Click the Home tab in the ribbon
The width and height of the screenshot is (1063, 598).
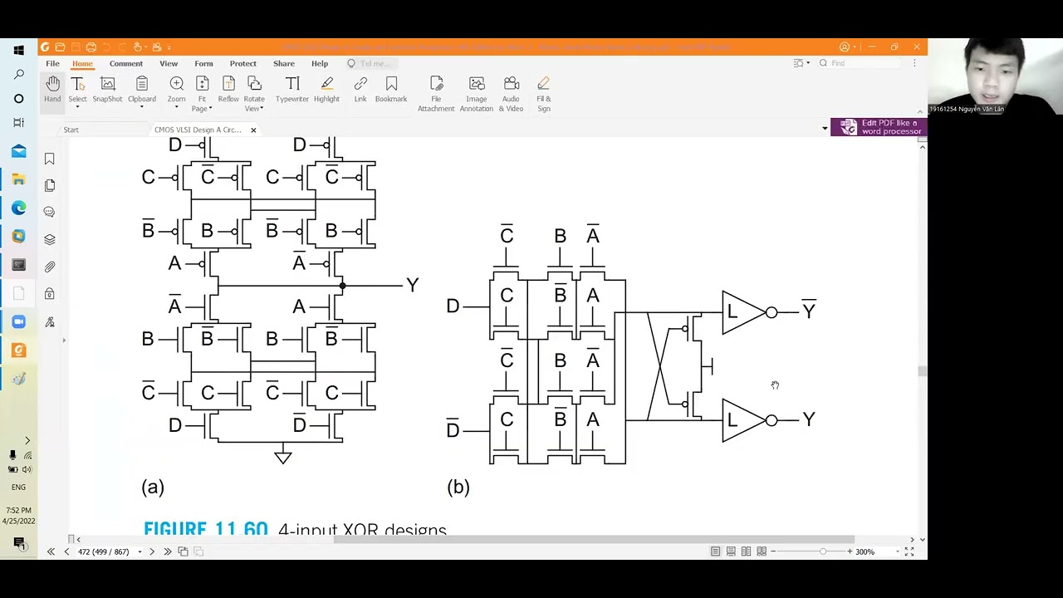tap(82, 63)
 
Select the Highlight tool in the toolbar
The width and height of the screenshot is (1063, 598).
tap(326, 89)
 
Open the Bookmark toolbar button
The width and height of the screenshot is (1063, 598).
tap(391, 89)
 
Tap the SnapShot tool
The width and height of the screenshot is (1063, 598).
tap(107, 89)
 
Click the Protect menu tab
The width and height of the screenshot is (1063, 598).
tap(242, 63)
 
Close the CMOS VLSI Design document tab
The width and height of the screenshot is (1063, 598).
tap(253, 130)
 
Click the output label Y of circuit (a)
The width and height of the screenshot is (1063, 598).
tap(412, 285)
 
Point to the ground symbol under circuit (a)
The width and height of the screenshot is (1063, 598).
tap(282, 456)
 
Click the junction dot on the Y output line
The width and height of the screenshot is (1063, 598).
tap(342, 286)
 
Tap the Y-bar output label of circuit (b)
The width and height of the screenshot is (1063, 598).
tap(808, 311)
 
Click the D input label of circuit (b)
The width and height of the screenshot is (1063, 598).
tap(453, 306)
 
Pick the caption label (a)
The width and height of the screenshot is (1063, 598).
tap(153, 487)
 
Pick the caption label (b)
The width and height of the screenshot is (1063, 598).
tap(458, 487)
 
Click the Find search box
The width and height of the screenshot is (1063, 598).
tap(864, 63)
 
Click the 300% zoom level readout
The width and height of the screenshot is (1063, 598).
tap(865, 551)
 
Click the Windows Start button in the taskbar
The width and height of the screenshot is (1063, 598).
tap(18, 50)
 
